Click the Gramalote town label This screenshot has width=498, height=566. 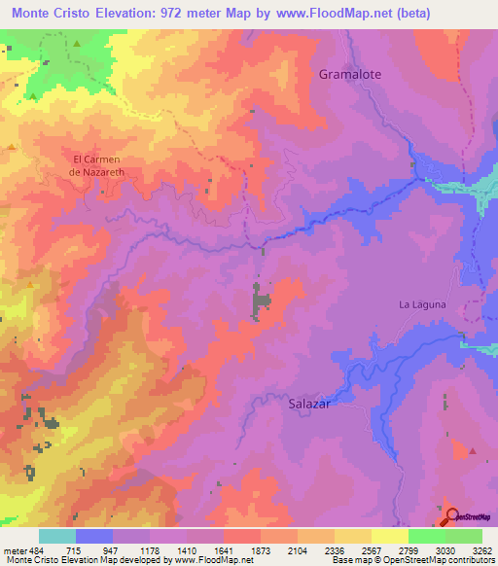(350, 74)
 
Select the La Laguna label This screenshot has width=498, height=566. (422, 304)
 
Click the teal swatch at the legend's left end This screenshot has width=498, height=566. (56, 536)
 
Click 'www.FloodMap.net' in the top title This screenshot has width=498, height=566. (324, 12)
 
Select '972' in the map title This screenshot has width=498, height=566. (189, 12)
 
